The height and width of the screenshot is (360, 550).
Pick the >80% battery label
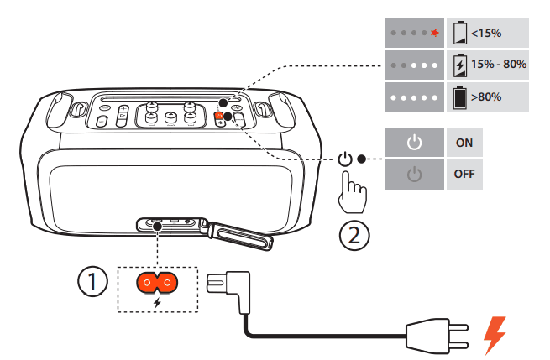pyautogui.click(x=486, y=97)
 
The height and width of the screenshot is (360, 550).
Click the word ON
pyautogui.click(x=464, y=143)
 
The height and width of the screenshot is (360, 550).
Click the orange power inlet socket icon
pyautogui.click(x=157, y=284)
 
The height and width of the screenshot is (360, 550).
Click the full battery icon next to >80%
pyautogui.click(x=459, y=97)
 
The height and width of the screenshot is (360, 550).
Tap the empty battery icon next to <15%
pyautogui.click(x=459, y=34)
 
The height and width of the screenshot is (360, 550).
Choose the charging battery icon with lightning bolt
pyautogui.click(x=459, y=65)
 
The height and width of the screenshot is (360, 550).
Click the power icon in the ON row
pyautogui.click(x=412, y=143)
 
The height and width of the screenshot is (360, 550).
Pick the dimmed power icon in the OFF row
pyautogui.click(x=412, y=175)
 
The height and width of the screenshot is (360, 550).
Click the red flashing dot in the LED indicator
pyautogui.click(x=434, y=34)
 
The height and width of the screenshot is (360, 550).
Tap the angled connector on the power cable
pyautogui.click(x=232, y=287)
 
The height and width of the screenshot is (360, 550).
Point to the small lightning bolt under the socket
pyautogui.click(x=157, y=300)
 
